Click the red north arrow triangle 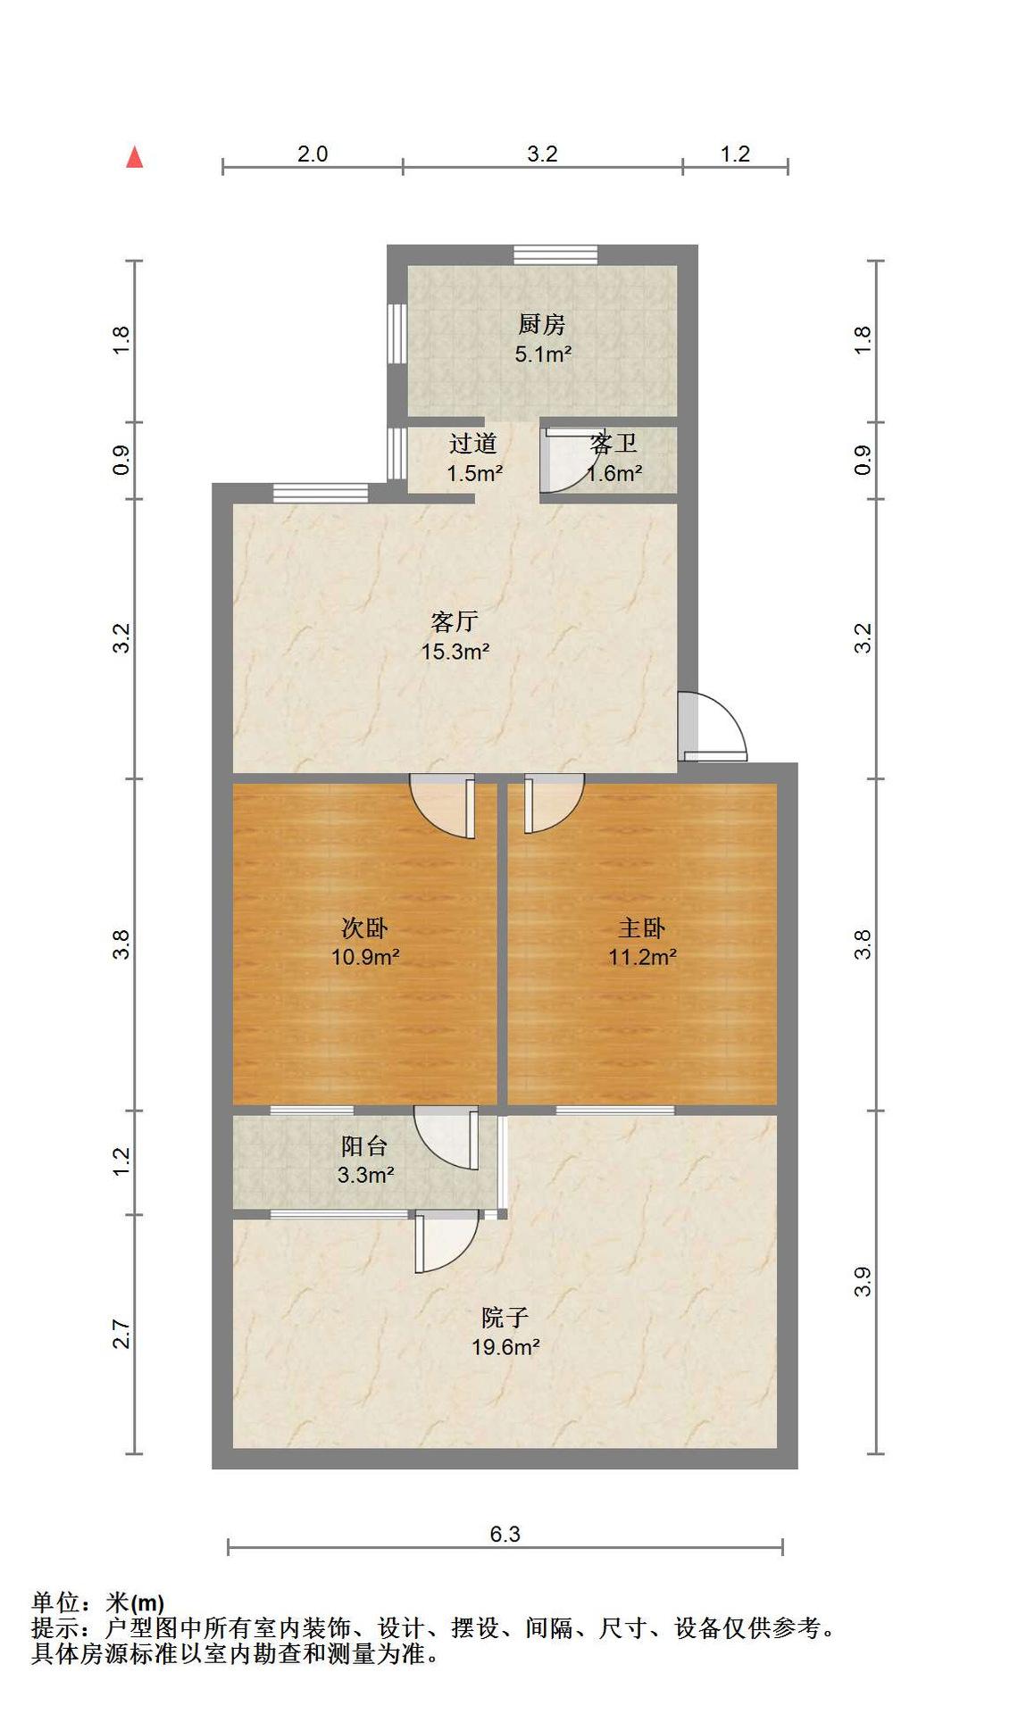(135, 157)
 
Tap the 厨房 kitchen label (542, 324)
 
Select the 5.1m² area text (543, 354)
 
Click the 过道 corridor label (473, 443)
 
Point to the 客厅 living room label (455, 621)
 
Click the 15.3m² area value (455, 652)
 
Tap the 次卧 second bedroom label (365, 928)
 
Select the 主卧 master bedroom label (642, 928)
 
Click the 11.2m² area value (642, 958)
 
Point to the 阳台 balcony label (365, 1145)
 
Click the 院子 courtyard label (505, 1318)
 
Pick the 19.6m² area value (505, 1347)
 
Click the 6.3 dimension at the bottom (505, 1534)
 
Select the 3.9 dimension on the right (862, 1283)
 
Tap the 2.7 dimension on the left (121, 1335)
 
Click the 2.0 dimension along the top (313, 154)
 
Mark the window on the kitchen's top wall (555, 254)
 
